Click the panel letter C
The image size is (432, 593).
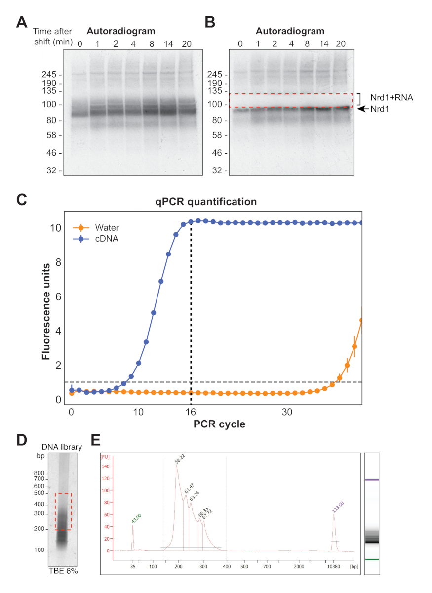pyautogui.click(x=22, y=199)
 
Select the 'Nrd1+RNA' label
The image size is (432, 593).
pyautogui.click(x=392, y=98)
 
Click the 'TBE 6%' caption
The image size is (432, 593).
pyautogui.click(x=63, y=571)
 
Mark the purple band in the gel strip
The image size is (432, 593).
pyautogui.click(x=372, y=480)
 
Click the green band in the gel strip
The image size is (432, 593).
pyautogui.click(x=372, y=559)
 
